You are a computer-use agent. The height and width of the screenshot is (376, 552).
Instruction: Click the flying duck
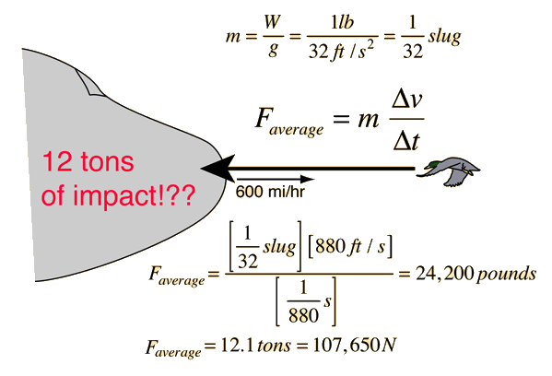pyautogui.click(x=449, y=171)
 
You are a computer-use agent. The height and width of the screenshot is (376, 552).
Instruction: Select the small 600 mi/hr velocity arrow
pyautogui.click(x=276, y=179)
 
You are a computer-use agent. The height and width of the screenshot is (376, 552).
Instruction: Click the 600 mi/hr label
pyautogui.click(x=270, y=192)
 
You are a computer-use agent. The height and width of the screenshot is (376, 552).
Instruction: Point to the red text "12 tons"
pyautogui.click(x=88, y=161)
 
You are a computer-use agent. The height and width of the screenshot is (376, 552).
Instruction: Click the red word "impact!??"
pyautogui.click(x=135, y=195)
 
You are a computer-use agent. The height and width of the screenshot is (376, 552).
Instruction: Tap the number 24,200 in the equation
pyautogui.click(x=444, y=273)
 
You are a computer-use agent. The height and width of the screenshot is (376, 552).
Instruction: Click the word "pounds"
pyautogui.click(x=506, y=275)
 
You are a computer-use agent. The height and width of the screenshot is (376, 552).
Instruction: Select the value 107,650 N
pyautogui.click(x=355, y=345)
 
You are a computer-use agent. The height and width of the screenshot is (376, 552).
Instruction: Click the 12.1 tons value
pyautogui.click(x=255, y=346)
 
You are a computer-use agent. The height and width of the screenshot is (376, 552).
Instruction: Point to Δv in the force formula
pyautogui.click(x=406, y=100)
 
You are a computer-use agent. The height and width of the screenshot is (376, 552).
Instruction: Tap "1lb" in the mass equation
pyautogui.click(x=342, y=22)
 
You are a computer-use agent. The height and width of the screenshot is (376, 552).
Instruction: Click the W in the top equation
pyautogui.click(x=272, y=22)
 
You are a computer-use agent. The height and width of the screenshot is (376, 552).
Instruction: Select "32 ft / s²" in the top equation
pyautogui.click(x=341, y=51)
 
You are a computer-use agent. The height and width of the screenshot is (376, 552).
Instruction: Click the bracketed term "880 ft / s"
pyautogui.click(x=350, y=246)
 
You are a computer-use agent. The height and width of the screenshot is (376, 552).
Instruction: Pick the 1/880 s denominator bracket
pyautogui.click(x=306, y=301)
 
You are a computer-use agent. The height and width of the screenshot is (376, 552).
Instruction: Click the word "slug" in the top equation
pyautogui.click(x=444, y=37)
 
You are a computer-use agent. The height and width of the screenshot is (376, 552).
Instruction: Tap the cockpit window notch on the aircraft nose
pyautogui.click(x=88, y=82)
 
